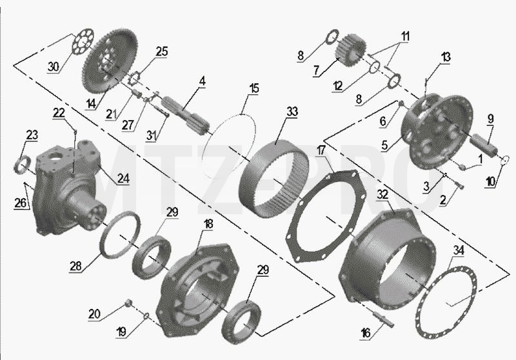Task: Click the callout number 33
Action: [x=292, y=112]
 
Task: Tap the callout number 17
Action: [x=321, y=150]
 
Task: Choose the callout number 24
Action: [x=123, y=178]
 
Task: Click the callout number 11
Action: [x=405, y=36]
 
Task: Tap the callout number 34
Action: [x=459, y=250]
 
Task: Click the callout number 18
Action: [x=208, y=224]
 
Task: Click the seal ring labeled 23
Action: [x=23, y=165]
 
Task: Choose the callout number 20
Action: [x=94, y=314]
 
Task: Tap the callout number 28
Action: [x=75, y=266]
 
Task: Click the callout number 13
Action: [x=446, y=57]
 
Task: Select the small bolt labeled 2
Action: [x=460, y=186]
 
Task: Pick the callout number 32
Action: [x=382, y=194]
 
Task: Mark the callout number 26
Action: [x=20, y=203]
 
